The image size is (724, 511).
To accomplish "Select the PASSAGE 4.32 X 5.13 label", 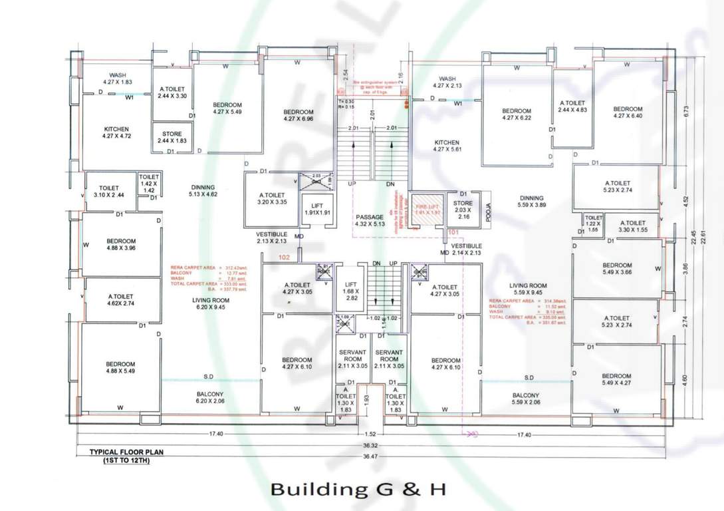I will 370,221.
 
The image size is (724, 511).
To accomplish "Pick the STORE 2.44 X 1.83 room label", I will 172,138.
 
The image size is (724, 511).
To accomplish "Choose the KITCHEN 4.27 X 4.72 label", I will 116,132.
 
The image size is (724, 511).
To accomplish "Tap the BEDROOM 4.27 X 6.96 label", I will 298,115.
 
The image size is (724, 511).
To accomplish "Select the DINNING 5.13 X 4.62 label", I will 203,191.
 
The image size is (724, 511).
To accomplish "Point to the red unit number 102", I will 285,256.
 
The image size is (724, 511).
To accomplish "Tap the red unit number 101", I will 454,233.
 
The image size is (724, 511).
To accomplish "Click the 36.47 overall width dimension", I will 371,456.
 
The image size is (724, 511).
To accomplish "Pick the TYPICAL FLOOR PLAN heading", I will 126,455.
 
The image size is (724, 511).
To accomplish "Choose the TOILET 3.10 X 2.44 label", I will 108,192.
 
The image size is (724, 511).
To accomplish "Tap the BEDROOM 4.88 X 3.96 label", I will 120,244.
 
